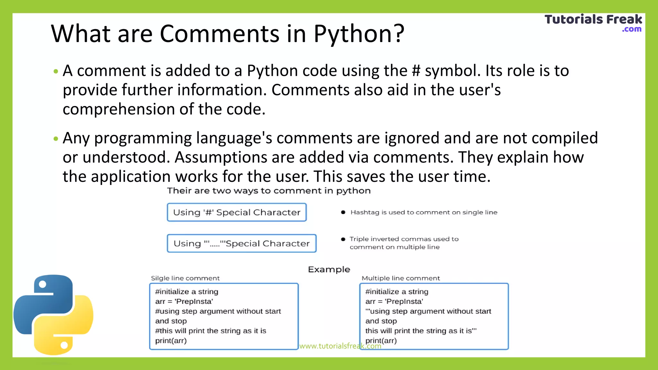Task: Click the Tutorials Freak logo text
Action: pos(593,20)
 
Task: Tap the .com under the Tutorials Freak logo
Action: pos(632,29)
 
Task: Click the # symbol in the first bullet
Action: pos(416,71)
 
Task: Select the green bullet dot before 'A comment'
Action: pos(56,71)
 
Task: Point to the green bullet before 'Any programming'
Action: pos(56,139)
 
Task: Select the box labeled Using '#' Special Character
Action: pos(237,212)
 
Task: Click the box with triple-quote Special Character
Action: pos(242,243)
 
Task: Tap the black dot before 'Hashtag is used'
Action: pos(343,212)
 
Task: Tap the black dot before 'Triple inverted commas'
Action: pos(343,239)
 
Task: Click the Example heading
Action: pos(329,269)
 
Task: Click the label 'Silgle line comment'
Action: pos(185,278)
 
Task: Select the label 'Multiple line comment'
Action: pos(401,278)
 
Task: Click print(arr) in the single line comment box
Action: pos(171,341)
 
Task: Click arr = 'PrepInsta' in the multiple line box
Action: pos(394,302)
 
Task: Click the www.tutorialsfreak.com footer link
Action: pos(340,346)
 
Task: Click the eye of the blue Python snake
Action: pos(42,284)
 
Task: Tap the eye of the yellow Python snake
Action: pos(64,345)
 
